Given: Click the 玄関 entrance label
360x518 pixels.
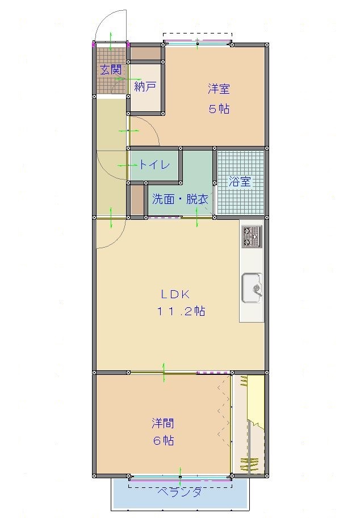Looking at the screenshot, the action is pos(111,70).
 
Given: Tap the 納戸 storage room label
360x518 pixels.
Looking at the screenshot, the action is pos(145,87).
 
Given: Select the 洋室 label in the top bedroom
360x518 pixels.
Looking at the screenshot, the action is pos(219,89).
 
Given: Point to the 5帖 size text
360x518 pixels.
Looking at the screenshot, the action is pos(219,108).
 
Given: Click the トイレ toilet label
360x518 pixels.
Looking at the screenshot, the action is pos(154,164).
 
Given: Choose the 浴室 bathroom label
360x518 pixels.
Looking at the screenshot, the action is pos(240,181).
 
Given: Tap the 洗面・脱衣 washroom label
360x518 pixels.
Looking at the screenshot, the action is pos(180,199).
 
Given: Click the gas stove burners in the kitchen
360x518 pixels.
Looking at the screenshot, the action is pos(252,236).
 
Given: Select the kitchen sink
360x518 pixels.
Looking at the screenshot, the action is pos(252,288).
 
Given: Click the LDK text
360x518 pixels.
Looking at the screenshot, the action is pos(175,294).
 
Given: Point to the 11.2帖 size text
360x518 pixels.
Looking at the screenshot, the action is pos(181,311).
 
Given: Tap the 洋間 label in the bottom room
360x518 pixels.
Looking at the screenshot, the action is pos(163,423).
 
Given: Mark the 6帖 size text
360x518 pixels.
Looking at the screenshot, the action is pos(163,441).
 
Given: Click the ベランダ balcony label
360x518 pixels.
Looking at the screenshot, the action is pos(179,492).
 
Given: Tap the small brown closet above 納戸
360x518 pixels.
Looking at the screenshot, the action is pos(146,53).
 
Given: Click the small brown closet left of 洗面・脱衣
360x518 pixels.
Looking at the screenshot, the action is pos(137,199).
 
